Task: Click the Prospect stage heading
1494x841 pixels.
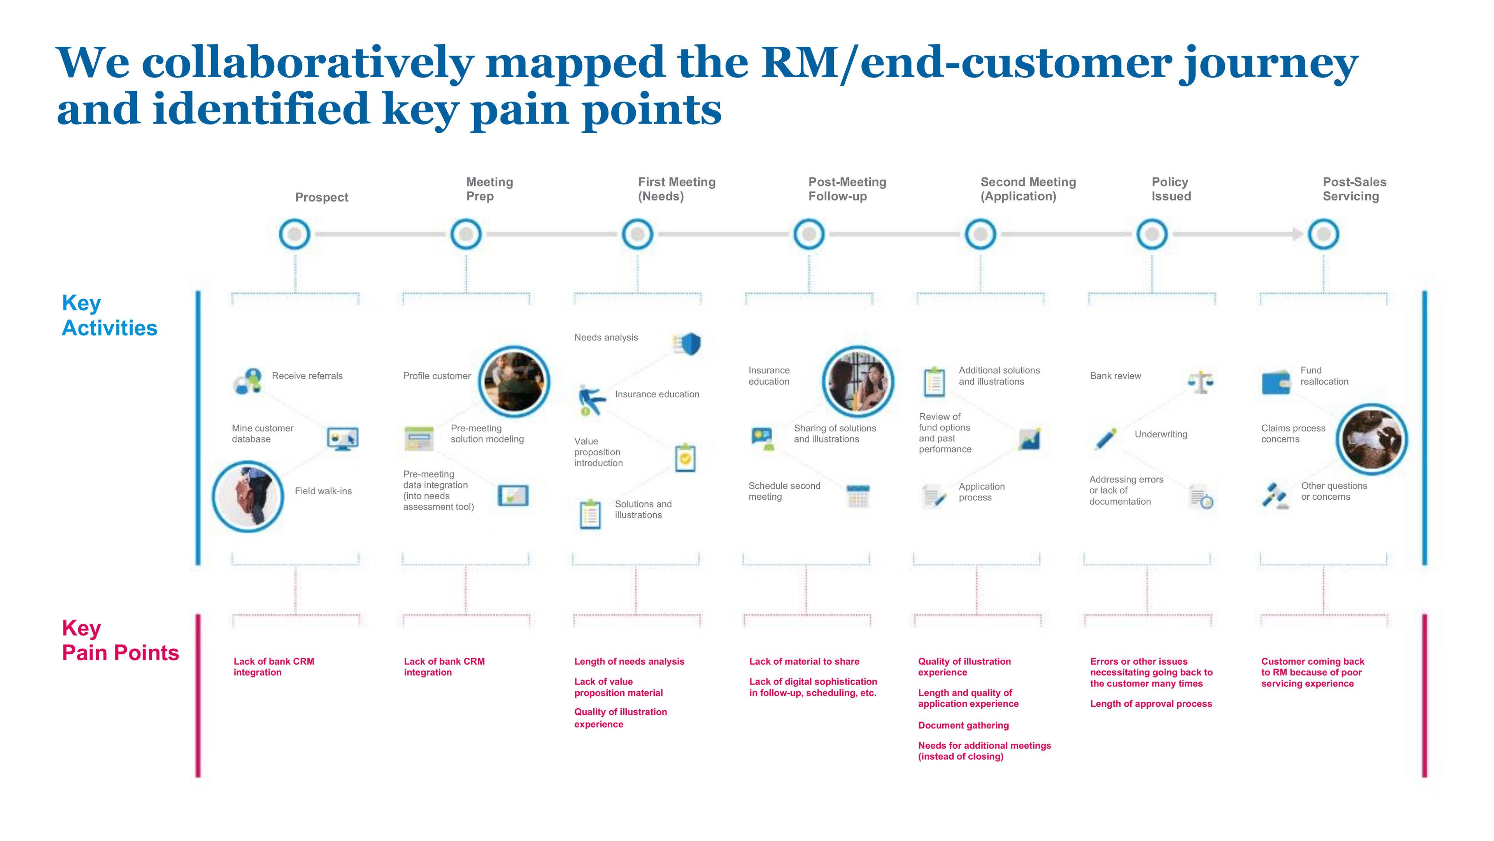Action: click(x=321, y=197)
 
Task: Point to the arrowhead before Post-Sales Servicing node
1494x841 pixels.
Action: click(x=1298, y=234)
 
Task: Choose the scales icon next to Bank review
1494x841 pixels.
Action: click(x=1201, y=382)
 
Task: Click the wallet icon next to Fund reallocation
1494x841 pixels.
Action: click(x=1276, y=382)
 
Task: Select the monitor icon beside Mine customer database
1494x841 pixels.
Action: click(x=342, y=439)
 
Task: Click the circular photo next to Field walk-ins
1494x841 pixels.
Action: click(x=248, y=497)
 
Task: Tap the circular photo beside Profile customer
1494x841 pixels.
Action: click(x=514, y=382)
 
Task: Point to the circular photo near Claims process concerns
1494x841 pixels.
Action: click(x=1371, y=439)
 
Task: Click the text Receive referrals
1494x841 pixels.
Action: click(x=307, y=376)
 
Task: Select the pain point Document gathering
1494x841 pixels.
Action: click(x=963, y=725)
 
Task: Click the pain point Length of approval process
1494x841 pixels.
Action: click(x=1151, y=704)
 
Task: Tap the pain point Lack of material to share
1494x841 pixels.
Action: click(x=804, y=662)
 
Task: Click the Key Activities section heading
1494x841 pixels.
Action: click(x=110, y=316)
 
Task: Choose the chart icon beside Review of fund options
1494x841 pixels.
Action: click(x=1029, y=439)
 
